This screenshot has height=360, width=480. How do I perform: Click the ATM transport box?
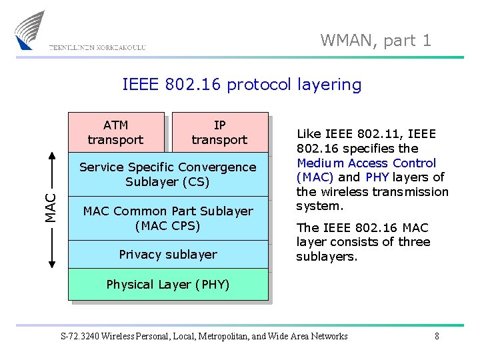[115, 132]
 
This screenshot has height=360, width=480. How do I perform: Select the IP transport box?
[219, 132]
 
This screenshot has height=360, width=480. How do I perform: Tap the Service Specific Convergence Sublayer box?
[167, 174]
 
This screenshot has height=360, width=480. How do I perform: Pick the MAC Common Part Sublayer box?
[167, 218]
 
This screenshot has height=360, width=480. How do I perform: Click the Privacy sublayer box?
[167, 254]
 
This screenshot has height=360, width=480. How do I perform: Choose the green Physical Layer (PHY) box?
[167, 285]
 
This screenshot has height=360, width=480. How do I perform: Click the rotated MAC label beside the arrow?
[51, 207]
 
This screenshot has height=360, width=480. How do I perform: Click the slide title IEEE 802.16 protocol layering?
[241, 85]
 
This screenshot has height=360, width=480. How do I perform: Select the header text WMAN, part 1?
[376, 41]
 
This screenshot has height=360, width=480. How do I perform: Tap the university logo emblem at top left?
[30, 29]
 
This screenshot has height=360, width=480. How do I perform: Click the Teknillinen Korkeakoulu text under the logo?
[97, 47]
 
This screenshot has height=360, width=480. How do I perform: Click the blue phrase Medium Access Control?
[367, 163]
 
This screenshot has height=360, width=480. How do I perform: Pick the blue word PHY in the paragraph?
[377, 177]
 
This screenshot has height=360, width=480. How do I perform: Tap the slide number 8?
[437, 336]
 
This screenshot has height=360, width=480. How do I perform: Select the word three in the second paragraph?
[414, 242]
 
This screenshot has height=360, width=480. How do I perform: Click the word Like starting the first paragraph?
[309, 134]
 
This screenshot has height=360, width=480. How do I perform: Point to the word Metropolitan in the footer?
[224, 336]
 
